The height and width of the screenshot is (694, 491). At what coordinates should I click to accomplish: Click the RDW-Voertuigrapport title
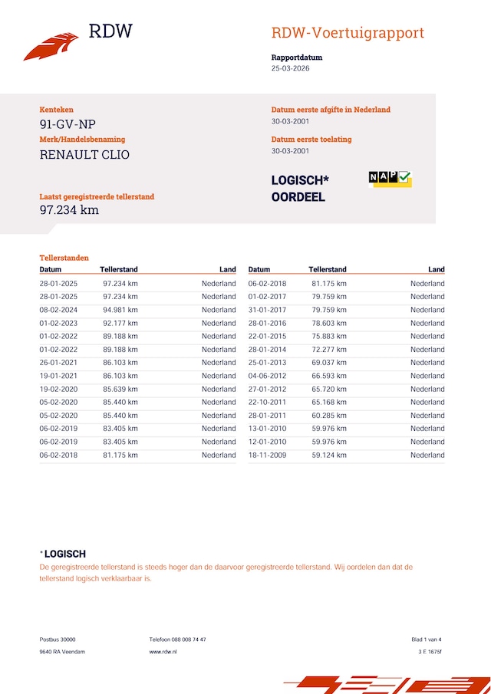(x=348, y=33)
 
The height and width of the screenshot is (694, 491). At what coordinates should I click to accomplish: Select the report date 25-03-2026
(x=291, y=68)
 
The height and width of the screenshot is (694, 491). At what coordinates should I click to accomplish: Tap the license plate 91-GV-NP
(x=68, y=124)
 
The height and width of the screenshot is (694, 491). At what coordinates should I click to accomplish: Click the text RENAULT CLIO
(x=84, y=154)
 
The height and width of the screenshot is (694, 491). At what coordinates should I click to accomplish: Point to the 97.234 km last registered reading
(x=69, y=210)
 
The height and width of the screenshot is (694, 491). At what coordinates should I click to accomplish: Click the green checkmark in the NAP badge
(x=404, y=178)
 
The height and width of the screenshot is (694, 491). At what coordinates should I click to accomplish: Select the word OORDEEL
(x=298, y=197)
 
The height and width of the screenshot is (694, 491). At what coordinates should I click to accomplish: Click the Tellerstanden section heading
(x=64, y=258)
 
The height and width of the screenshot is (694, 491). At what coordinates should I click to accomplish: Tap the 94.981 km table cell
(x=120, y=310)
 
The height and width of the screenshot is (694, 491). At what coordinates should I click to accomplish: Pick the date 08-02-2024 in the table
(x=58, y=310)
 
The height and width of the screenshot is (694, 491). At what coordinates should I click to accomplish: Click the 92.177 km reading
(x=120, y=323)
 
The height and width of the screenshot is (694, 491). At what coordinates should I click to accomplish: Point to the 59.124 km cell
(x=329, y=455)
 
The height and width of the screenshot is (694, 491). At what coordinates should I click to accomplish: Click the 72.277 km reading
(x=329, y=350)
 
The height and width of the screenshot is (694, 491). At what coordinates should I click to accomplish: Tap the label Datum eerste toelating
(x=311, y=140)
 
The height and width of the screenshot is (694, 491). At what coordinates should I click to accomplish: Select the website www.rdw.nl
(x=163, y=651)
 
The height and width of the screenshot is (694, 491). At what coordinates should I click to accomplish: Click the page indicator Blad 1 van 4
(x=427, y=639)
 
